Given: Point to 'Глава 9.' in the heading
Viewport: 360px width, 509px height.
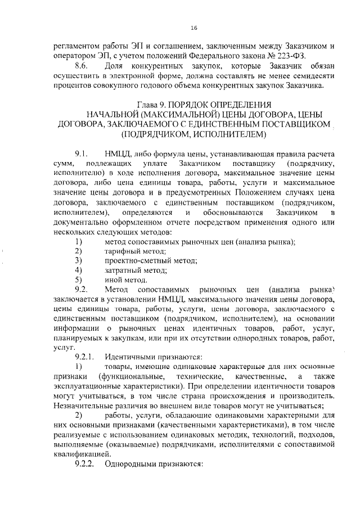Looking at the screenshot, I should point(154,105).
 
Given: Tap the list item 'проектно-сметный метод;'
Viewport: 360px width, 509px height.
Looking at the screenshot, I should point(151,260).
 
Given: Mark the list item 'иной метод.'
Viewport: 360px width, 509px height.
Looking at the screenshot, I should point(126,280).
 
